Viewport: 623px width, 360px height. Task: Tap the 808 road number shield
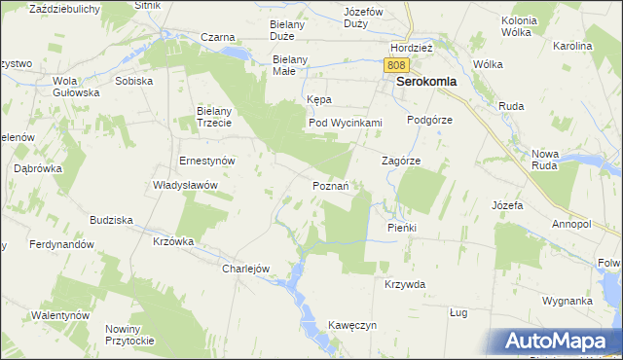tap(394, 64)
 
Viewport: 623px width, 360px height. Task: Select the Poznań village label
tap(337, 185)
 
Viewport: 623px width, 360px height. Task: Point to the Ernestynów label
tap(209, 161)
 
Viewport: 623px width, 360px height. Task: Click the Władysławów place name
tap(185, 185)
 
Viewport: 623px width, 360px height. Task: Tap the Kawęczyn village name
tap(352, 325)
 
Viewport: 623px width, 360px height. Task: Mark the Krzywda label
tap(405, 284)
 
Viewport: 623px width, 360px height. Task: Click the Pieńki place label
tap(401, 227)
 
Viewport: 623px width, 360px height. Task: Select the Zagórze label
tap(400, 162)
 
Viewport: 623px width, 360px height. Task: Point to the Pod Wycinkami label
tap(345, 123)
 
